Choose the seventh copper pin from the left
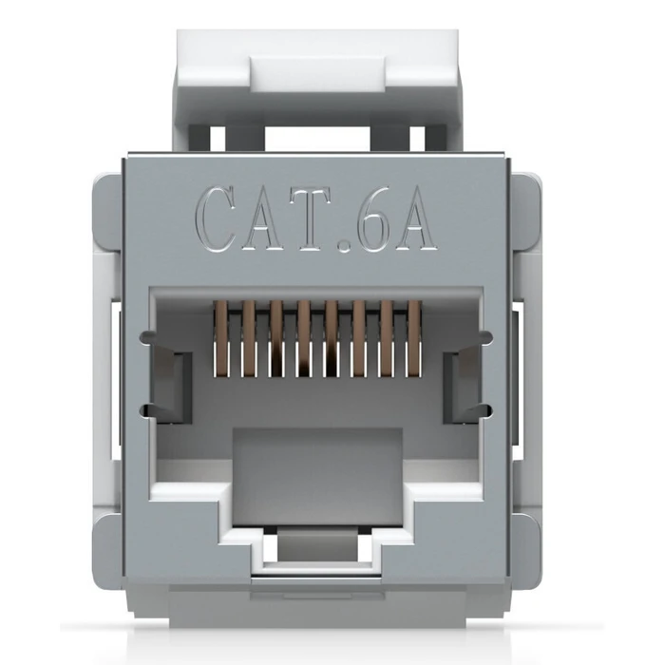coord(387,338)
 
